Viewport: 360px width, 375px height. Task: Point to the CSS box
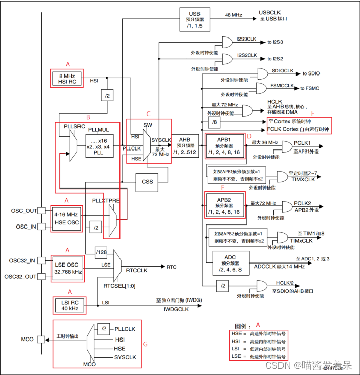pos(147,181)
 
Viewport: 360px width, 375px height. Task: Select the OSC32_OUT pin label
pos(20,277)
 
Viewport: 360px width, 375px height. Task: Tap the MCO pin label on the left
pos(27,339)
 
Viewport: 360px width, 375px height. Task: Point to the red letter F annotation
pos(312,113)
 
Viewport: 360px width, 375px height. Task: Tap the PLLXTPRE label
pos(106,201)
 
